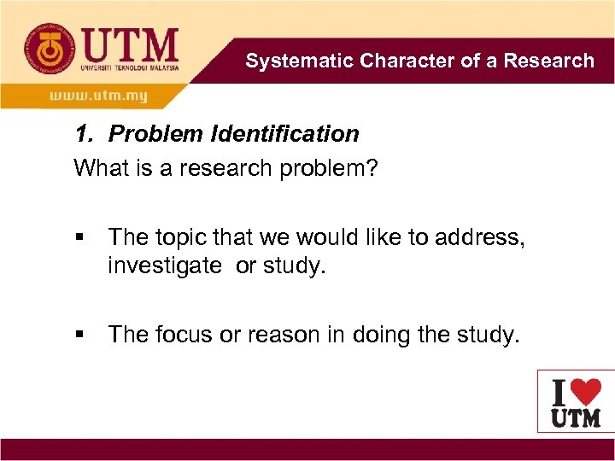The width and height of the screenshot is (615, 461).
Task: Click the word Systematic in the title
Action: click(299, 61)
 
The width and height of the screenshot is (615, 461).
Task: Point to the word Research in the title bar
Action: click(548, 61)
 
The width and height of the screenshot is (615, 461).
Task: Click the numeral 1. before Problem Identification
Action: click(84, 134)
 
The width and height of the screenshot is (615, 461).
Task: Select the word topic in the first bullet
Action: click(184, 238)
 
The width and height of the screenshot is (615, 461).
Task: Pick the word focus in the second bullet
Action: click(184, 336)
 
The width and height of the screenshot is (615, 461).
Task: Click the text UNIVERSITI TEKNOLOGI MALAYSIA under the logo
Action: click(129, 67)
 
